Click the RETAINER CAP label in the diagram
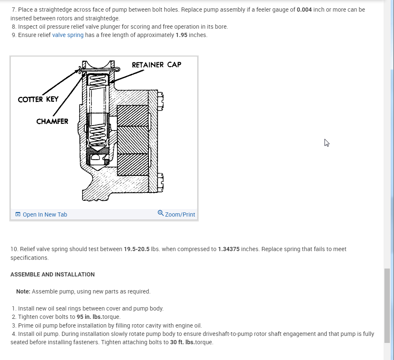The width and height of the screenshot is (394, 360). [156, 65]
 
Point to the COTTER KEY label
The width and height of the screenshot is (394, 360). [38, 99]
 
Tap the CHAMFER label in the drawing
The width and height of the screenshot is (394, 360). [52, 121]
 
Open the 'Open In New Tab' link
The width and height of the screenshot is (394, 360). [45, 215]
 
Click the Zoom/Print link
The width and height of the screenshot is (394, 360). [180, 215]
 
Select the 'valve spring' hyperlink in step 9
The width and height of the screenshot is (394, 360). [68, 35]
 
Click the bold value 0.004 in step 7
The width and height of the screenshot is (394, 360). [304, 10]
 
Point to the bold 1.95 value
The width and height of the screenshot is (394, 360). [181, 35]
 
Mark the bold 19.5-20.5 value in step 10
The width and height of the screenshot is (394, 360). [136, 249]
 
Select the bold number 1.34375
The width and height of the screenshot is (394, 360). [228, 249]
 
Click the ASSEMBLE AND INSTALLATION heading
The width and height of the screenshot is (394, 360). [52, 274]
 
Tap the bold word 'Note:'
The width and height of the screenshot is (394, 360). [23, 291]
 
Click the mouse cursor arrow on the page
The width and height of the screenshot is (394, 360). [327, 143]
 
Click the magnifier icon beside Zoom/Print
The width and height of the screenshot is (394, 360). [161, 214]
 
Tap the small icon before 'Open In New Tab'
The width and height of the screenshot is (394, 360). [17, 215]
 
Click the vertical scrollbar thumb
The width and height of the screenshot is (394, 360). [387, 299]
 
